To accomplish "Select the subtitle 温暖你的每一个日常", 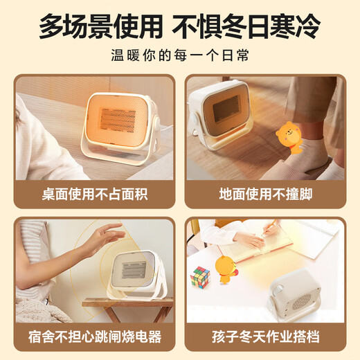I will click(x=179, y=56).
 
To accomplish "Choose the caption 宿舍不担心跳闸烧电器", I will click(x=93, y=337).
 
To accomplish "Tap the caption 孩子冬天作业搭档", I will click(x=267, y=337).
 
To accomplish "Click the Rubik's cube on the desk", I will click(x=200, y=277).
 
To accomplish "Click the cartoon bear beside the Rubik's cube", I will click(x=226, y=270).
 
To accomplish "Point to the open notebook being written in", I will click(x=277, y=246).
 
